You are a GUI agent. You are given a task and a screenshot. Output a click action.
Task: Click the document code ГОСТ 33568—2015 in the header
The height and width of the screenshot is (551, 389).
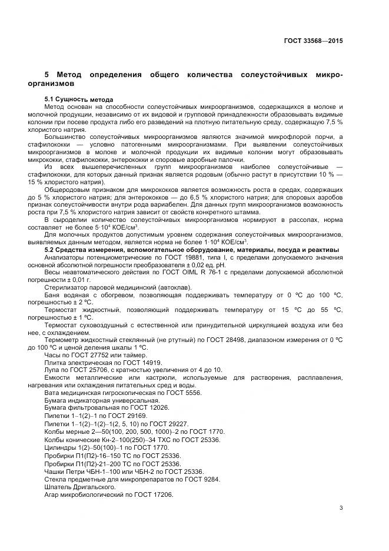tap(312, 41)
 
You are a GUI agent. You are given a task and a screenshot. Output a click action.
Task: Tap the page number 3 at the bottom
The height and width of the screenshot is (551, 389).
tap(341, 507)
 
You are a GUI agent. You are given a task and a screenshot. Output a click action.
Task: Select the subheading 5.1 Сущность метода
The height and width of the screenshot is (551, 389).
tap(79, 98)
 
